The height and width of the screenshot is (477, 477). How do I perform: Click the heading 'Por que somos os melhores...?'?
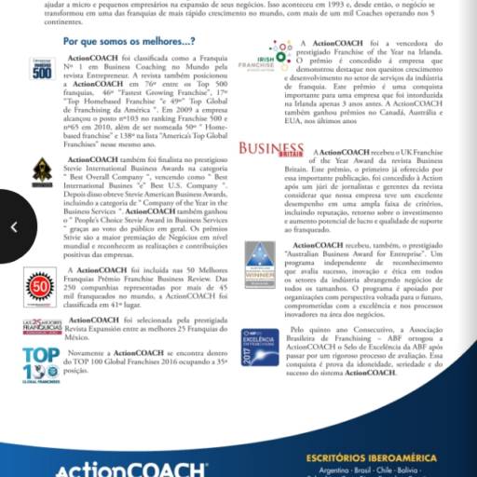pyautogui.click(x=129, y=42)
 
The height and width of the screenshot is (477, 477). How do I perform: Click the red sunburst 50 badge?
pyautogui.click(x=41, y=285)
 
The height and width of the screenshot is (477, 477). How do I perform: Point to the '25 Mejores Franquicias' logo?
pyautogui.click(x=41, y=328)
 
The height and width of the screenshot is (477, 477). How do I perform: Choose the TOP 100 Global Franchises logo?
pyautogui.click(x=41, y=370)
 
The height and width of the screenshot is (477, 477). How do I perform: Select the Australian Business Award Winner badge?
pyautogui.click(x=260, y=265)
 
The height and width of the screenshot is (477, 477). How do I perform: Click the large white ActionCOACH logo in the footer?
pyautogui.click(x=130, y=469)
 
